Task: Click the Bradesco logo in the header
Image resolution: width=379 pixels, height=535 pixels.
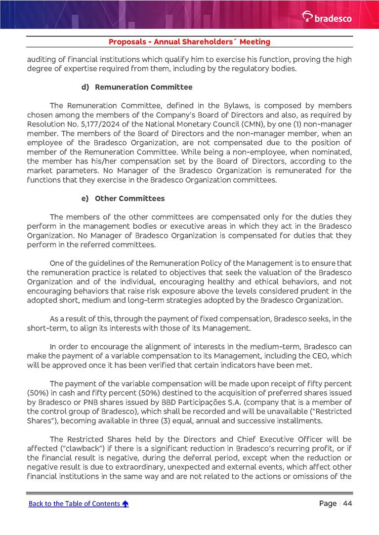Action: pos(327,18)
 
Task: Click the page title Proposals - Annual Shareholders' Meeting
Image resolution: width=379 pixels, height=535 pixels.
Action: pos(189,42)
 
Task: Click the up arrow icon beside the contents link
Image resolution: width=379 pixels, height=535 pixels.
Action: pos(126,504)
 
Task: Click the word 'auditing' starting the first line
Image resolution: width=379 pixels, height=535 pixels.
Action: pos(42,59)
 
